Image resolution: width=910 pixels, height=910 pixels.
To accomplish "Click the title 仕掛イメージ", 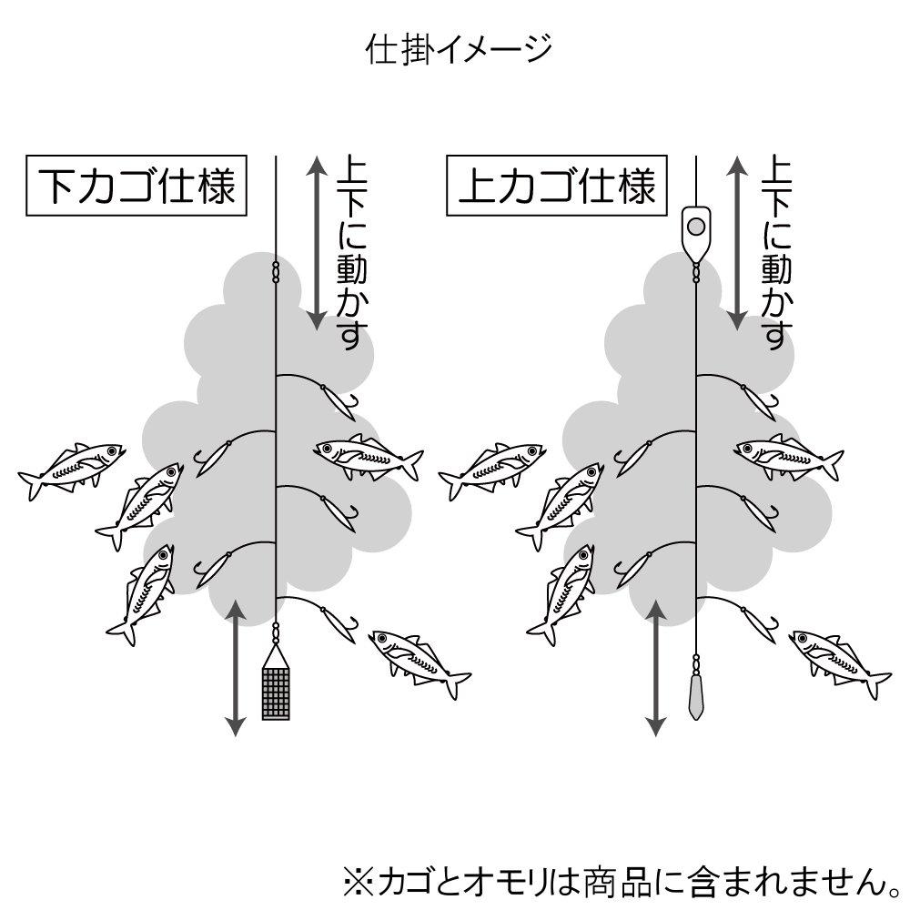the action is (x=458, y=49).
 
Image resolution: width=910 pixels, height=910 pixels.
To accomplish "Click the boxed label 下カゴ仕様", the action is (x=136, y=186).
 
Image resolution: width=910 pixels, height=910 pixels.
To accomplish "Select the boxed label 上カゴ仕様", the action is (x=557, y=186).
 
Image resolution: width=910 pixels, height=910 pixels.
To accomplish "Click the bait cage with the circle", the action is (x=696, y=232).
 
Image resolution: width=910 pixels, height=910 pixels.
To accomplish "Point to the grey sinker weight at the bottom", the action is (x=696, y=696).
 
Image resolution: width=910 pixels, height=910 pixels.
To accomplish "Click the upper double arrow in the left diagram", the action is (x=317, y=243).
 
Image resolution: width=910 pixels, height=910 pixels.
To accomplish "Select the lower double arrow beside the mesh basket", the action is (x=235, y=668).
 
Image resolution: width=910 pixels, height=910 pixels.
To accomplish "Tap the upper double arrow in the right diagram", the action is (x=737, y=243).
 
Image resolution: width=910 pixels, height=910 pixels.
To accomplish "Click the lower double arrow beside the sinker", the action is (x=656, y=668).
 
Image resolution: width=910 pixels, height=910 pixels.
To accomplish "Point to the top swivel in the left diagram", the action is (x=276, y=271).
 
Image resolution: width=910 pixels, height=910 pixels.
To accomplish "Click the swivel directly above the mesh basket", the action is (x=276, y=633).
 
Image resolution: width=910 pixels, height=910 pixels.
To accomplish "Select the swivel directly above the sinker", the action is (x=696, y=662).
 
